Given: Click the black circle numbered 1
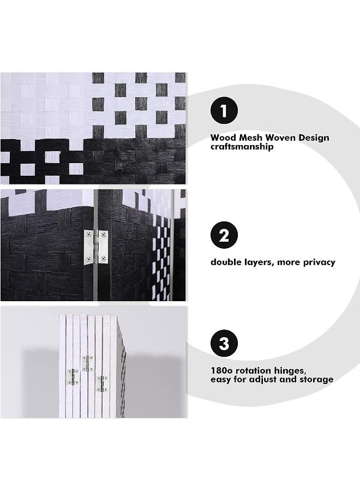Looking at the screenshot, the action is click(x=224, y=111).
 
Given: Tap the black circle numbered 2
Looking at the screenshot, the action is click(x=224, y=235).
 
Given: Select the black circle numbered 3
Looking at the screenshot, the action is click(x=224, y=343).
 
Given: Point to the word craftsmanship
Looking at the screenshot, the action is click(x=242, y=147).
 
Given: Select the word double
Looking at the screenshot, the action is click(x=225, y=262).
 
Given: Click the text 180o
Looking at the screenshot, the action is click(x=221, y=371).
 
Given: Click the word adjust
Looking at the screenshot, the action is click(x=263, y=380).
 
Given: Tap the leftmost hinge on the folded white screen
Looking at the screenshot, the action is click(x=73, y=376).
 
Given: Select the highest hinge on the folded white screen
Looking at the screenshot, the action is click(x=88, y=363).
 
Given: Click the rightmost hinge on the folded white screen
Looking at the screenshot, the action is click(x=103, y=384).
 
